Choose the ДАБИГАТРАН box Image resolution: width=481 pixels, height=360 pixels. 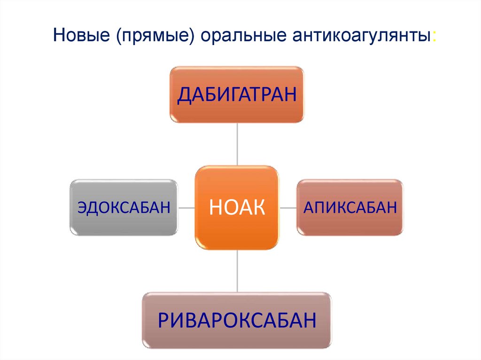[x=237, y=94]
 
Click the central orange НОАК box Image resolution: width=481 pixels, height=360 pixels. [x=237, y=207]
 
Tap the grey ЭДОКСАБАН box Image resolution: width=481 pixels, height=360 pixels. [x=124, y=207]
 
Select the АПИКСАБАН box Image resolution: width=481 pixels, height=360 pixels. [x=349, y=207]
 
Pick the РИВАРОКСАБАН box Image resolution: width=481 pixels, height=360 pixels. [x=237, y=320]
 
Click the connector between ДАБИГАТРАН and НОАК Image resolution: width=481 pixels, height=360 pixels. [x=237, y=144]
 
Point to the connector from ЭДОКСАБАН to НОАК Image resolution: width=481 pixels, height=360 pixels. [x=186, y=207]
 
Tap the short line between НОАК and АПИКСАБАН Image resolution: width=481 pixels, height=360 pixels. [x=287, y=207]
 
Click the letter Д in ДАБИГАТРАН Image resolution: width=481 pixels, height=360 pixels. [x=184, y=94]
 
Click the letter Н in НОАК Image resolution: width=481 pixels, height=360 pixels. [x=215, y=207]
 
